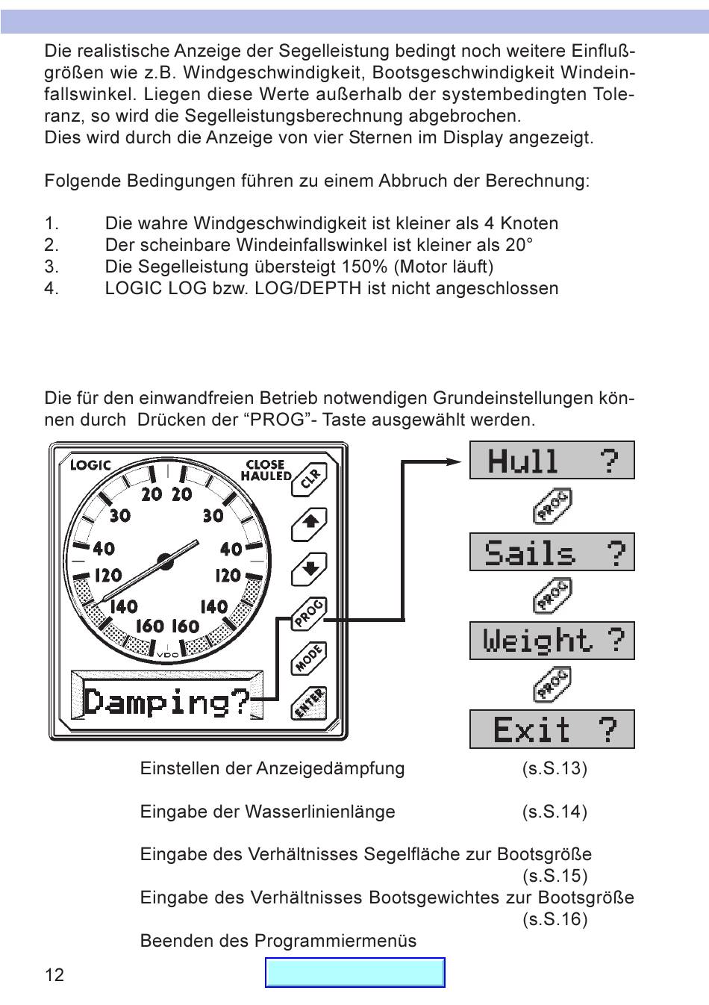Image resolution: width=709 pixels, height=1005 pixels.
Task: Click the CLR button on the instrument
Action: coord(309,478)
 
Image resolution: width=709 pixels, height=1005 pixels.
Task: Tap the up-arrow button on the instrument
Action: coord(309,523)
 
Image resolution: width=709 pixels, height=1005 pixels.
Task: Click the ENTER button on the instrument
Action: coord(309,703)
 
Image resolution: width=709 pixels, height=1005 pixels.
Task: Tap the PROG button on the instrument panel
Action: coord(309,614)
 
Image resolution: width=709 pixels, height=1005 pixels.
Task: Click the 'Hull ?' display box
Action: coord(552,460)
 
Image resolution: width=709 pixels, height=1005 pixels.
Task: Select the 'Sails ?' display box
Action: coord(552,553)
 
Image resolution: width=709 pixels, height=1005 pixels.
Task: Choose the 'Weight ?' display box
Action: coord(552,641)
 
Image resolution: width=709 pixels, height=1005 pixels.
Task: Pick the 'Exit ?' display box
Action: coord(552,729)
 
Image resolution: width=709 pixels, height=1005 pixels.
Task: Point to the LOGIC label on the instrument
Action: coord(90,465)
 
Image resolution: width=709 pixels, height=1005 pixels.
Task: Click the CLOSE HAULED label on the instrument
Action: coord(266,470)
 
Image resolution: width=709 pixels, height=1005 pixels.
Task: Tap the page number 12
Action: coord(54,974)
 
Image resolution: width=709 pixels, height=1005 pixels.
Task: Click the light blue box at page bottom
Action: coord(355,973)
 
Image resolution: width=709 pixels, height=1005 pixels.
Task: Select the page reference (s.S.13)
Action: coord(555,768)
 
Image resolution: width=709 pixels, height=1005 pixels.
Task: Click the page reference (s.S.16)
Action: coord(555,919)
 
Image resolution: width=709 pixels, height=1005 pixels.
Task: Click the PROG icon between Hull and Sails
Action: coord(552,506)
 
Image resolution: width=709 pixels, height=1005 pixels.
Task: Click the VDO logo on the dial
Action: coord(168,656)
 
